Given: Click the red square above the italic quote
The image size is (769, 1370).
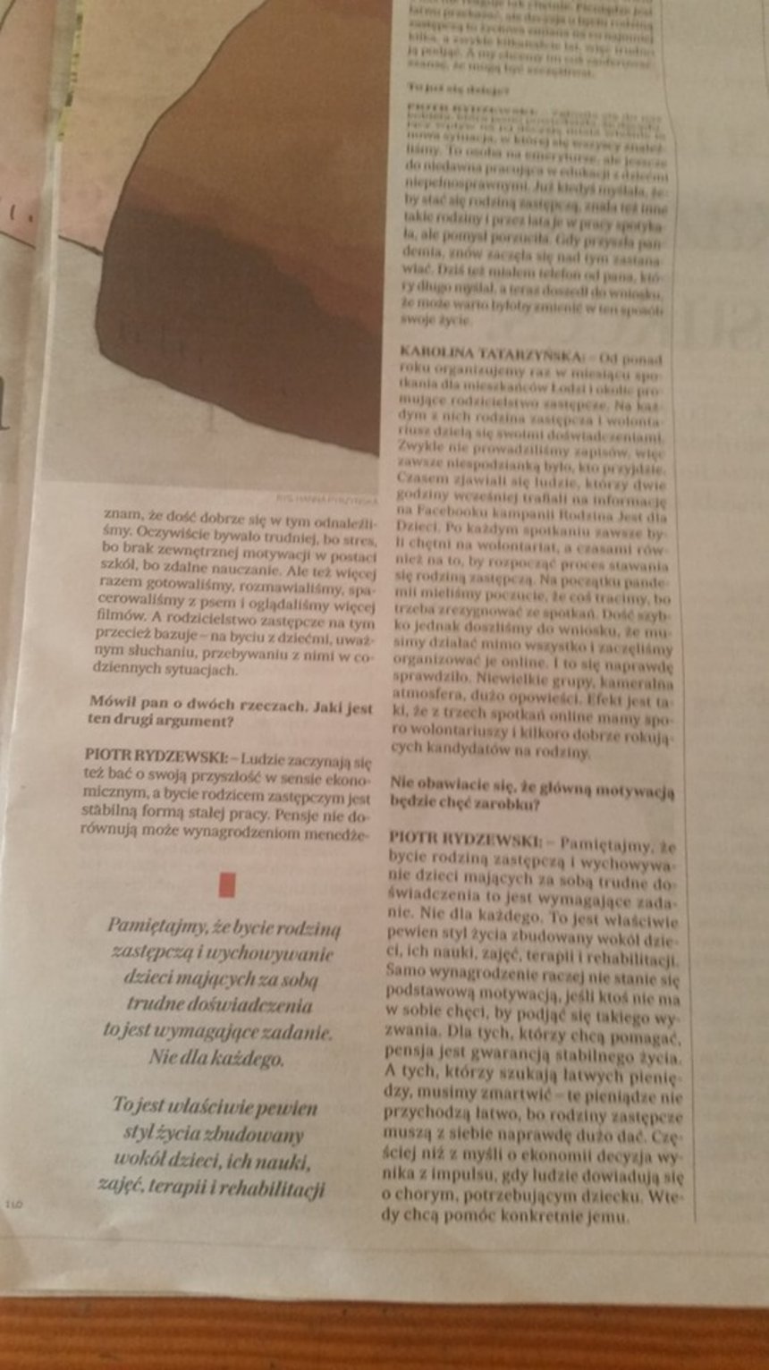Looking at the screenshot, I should point(227,884).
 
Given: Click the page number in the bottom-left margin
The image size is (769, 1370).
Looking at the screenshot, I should point(13,1205).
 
